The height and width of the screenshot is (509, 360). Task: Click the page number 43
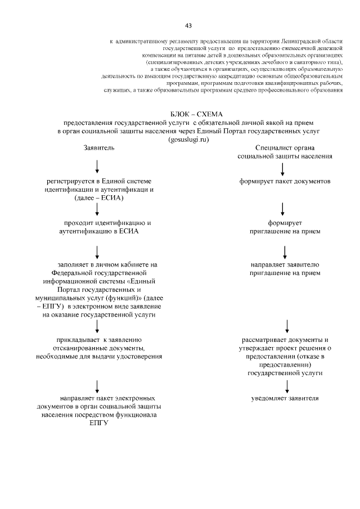[x=188, y=25]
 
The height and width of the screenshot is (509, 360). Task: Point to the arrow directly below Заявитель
[x=98, y=165]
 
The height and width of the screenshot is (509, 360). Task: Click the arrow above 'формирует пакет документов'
[x=282, y=167]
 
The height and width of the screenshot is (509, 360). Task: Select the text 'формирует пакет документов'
[x=285, y=181]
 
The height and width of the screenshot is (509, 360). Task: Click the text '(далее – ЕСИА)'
[x=99, y=198]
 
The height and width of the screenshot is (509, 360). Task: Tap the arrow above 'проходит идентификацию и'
[x=98, y=209]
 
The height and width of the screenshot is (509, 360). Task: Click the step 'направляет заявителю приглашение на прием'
[x=285, y=269]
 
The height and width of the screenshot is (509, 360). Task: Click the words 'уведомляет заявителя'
[x=285, y=399]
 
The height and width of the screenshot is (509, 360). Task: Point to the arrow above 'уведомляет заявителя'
[x=287, y=386]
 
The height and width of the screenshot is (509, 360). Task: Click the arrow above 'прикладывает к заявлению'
[x=98, y=326]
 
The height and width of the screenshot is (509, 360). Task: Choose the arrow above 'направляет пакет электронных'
[x=98, y=386]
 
